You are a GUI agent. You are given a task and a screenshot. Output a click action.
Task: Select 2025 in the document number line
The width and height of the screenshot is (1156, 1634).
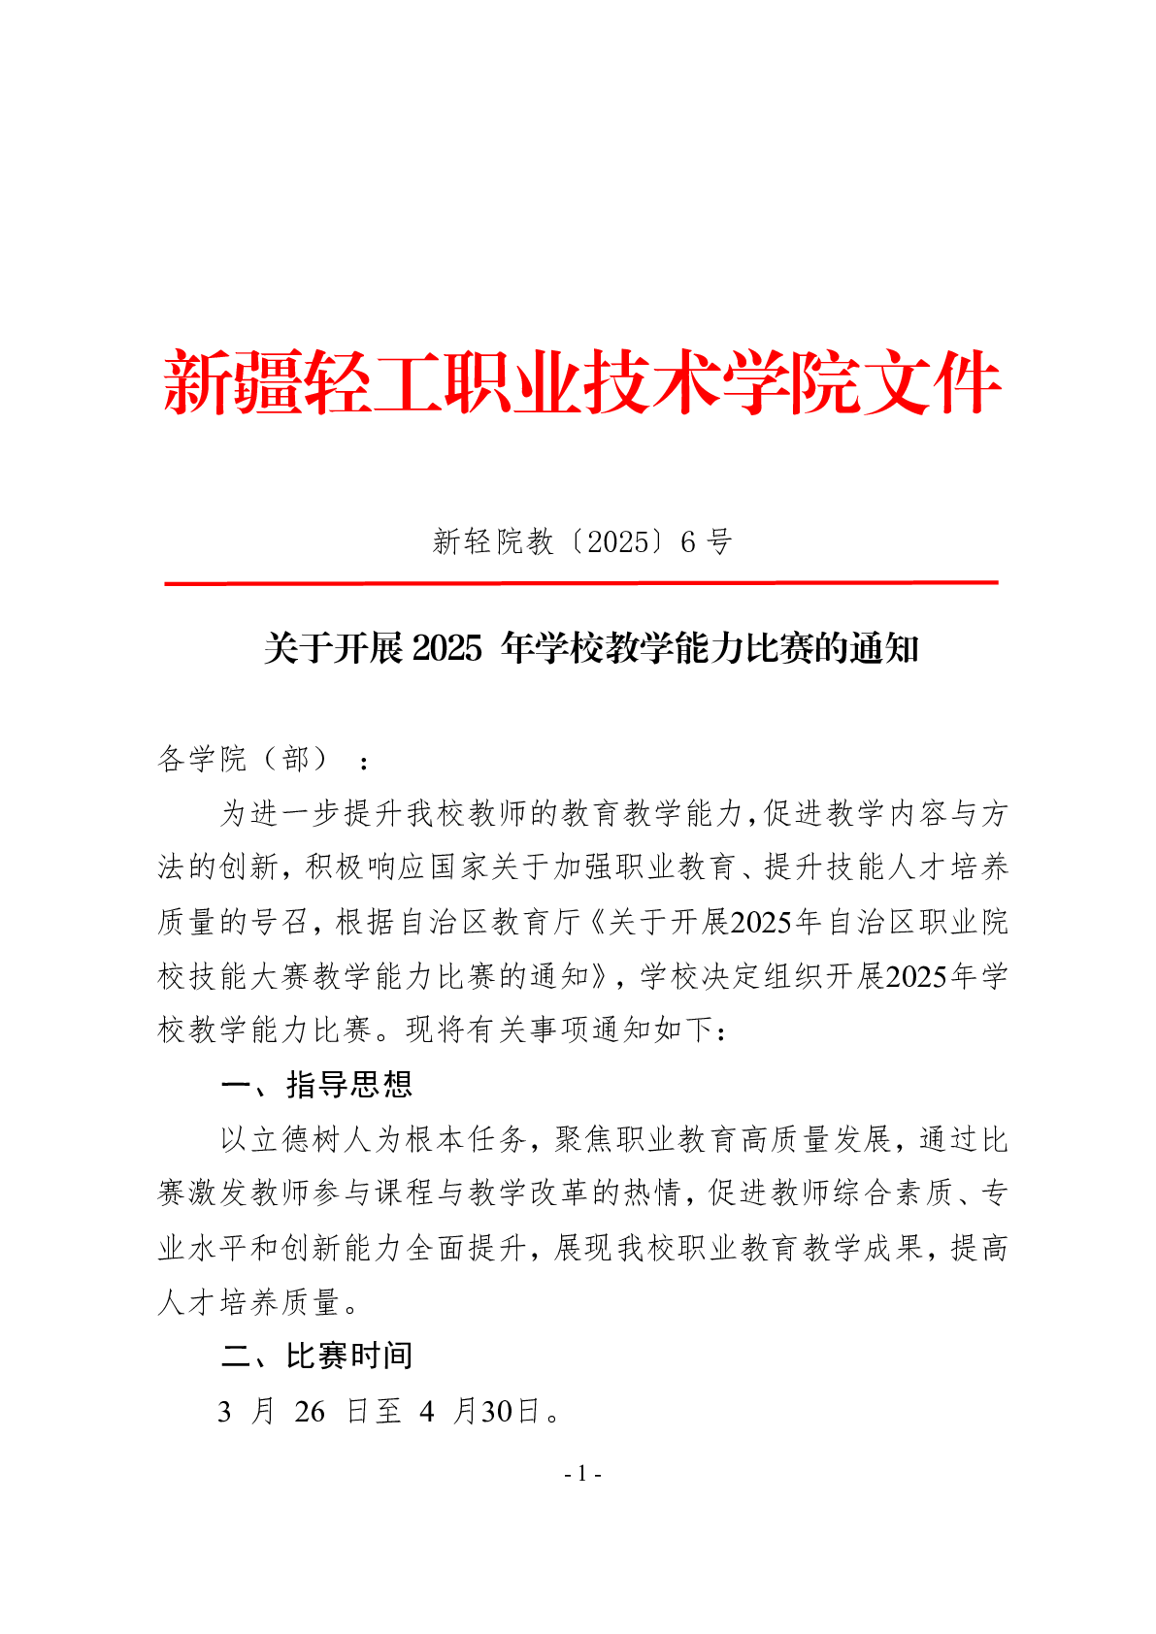click(618, 541)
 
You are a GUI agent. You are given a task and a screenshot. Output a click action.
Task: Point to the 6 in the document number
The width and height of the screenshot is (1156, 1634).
click(688, 541)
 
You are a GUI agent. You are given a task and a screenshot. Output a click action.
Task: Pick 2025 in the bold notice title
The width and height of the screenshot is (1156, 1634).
click(446, 648)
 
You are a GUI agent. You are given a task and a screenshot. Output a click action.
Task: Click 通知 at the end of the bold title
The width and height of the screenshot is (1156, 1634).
click(884, 648)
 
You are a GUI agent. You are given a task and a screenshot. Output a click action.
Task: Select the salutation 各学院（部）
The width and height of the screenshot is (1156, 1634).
click(248, 759)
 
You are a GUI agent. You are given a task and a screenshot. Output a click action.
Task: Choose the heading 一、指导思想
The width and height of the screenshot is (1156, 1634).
click(316, 1084)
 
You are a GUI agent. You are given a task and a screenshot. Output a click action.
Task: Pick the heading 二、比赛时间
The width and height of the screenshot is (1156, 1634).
click(316, 1356)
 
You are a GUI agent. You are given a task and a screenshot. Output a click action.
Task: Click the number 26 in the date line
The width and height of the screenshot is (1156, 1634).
click(310, 1411)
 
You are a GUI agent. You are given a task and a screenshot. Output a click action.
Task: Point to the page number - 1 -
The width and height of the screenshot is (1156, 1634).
click(582, 1474)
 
